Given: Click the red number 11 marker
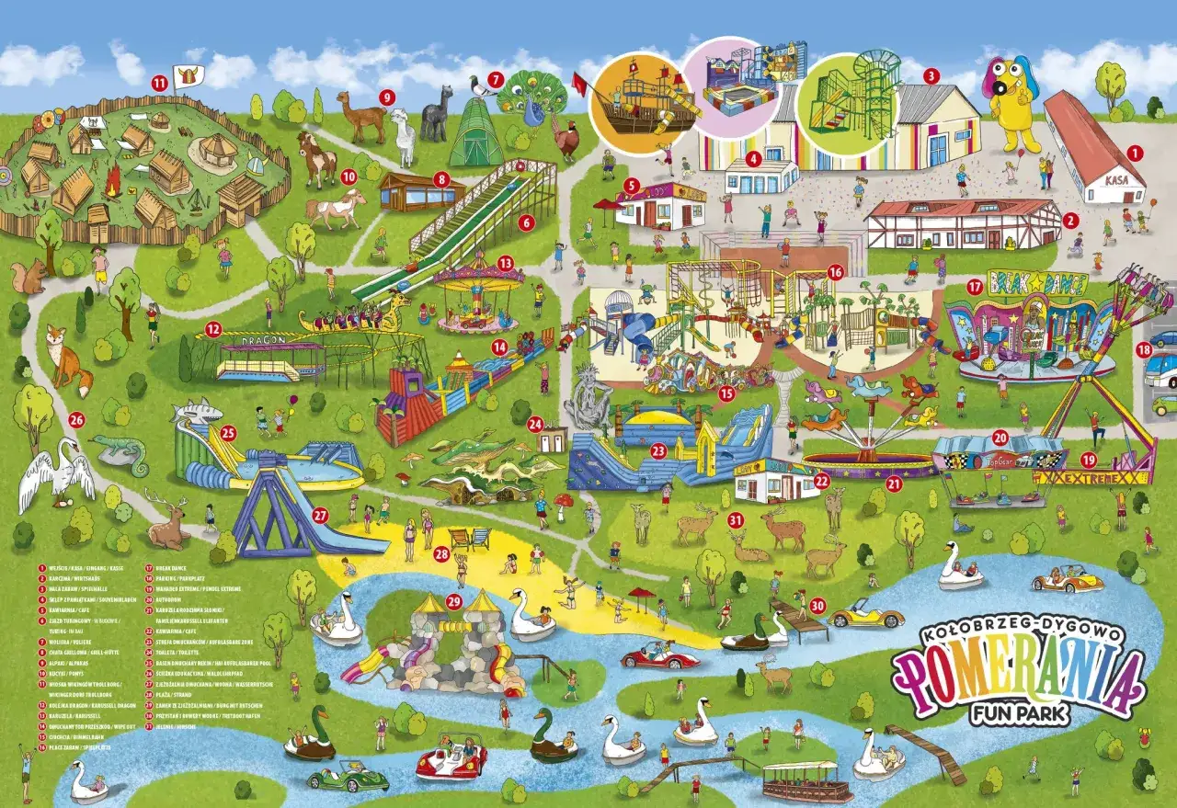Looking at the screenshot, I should (159, 83).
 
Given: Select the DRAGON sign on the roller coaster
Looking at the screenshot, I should (241, 339).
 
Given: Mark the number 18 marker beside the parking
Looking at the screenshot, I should (1144, 349).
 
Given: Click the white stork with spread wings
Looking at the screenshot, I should (57, 473).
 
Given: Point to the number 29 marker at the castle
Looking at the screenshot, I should (453, 601).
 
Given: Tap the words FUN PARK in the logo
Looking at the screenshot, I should (1019, 713).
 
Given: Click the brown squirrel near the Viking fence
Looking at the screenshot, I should (29, 277).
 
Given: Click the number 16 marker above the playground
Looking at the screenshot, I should (835, 272).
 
